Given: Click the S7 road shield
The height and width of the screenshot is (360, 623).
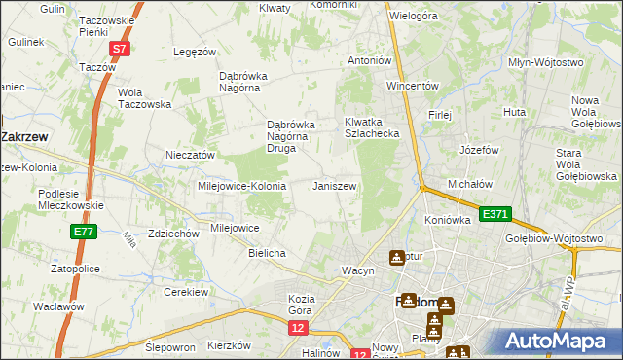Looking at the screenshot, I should pos(118,48).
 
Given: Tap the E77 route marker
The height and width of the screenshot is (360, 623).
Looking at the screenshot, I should pos(83,232).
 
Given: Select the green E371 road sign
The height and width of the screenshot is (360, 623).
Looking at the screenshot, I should pos(495,212).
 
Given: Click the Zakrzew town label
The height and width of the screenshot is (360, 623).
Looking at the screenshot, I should pos(26,137).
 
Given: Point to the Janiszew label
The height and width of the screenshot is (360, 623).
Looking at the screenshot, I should pos(334,185).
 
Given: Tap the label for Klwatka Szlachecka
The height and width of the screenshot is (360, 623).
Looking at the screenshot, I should pos(372,127).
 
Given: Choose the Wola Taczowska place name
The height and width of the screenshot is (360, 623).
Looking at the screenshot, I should pos(144,98).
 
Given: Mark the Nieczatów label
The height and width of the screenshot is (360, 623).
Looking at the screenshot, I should pos(190,155).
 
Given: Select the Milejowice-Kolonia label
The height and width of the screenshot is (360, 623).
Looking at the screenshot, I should pos(241,186).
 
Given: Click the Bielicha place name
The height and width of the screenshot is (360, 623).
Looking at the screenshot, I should pos(267,253).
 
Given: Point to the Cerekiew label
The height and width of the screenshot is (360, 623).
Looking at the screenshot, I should pos(187,292).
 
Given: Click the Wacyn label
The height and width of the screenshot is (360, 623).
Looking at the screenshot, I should pos(357,270).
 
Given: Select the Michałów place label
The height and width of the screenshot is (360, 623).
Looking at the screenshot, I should pos(471,184).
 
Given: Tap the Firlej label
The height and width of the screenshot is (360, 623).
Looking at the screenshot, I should pos(440,115).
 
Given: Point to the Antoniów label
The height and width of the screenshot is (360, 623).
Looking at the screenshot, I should pos(370,60).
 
